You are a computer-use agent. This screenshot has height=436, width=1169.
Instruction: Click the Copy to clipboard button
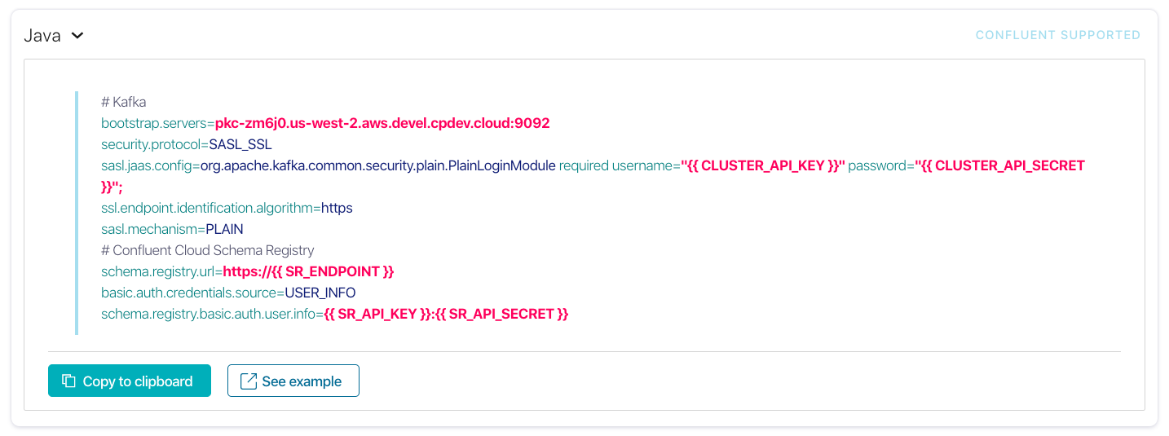point(130,381)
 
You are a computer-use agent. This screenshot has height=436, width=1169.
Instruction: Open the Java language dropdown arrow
point(77,36)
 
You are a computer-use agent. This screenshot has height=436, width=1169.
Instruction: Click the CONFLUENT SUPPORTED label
point(1057,35)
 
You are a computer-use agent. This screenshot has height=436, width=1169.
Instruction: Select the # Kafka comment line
point(123,102)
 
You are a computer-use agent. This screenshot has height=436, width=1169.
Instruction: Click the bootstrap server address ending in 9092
point(382,123)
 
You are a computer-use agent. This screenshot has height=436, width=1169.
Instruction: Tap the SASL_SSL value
point(240,144)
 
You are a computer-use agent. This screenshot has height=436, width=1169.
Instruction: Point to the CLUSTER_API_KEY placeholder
point(763,165)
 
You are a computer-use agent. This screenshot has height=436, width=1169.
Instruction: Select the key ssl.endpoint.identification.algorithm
point(208,208)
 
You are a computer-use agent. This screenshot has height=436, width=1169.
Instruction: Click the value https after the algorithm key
point(337,208)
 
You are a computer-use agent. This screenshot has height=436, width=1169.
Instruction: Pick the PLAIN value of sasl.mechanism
point(224,229)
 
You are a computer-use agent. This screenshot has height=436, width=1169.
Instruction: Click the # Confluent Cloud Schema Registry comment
point(207,250)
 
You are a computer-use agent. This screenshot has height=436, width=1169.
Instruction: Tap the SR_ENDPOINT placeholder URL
point(308,271)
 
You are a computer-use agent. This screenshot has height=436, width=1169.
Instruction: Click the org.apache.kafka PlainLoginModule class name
point(378,165)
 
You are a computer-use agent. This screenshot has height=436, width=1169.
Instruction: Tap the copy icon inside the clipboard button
point(69,381)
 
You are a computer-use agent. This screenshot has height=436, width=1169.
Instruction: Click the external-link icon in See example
point(249,381)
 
